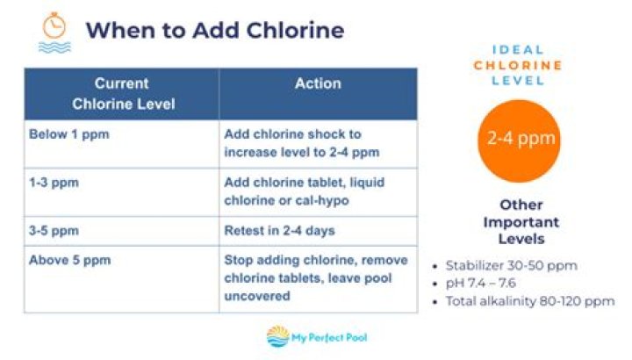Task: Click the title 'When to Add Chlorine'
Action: (x=215, y=30)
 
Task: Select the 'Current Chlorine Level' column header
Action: (x=122, y=94)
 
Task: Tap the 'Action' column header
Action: (x=318, y=94)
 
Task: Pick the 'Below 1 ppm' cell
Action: (x=122, y=144)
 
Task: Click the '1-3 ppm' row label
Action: (x=54, y=183)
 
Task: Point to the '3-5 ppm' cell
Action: (x=122, y=231)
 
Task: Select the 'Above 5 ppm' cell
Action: (x=122, y=279)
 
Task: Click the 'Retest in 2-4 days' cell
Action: (x=318, y=231)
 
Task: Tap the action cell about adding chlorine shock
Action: (x=318, y=144)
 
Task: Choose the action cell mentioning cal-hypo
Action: (x=318, y=192)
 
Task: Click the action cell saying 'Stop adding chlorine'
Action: (x=318, y=279)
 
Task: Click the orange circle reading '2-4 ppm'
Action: (x=519, y=141)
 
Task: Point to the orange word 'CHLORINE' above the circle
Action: (x=518, y=65)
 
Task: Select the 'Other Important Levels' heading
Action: (x=521, y=222)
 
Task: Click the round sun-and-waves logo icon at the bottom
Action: (x=277, y=336)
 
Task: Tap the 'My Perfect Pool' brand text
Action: (x=329, y=337)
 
